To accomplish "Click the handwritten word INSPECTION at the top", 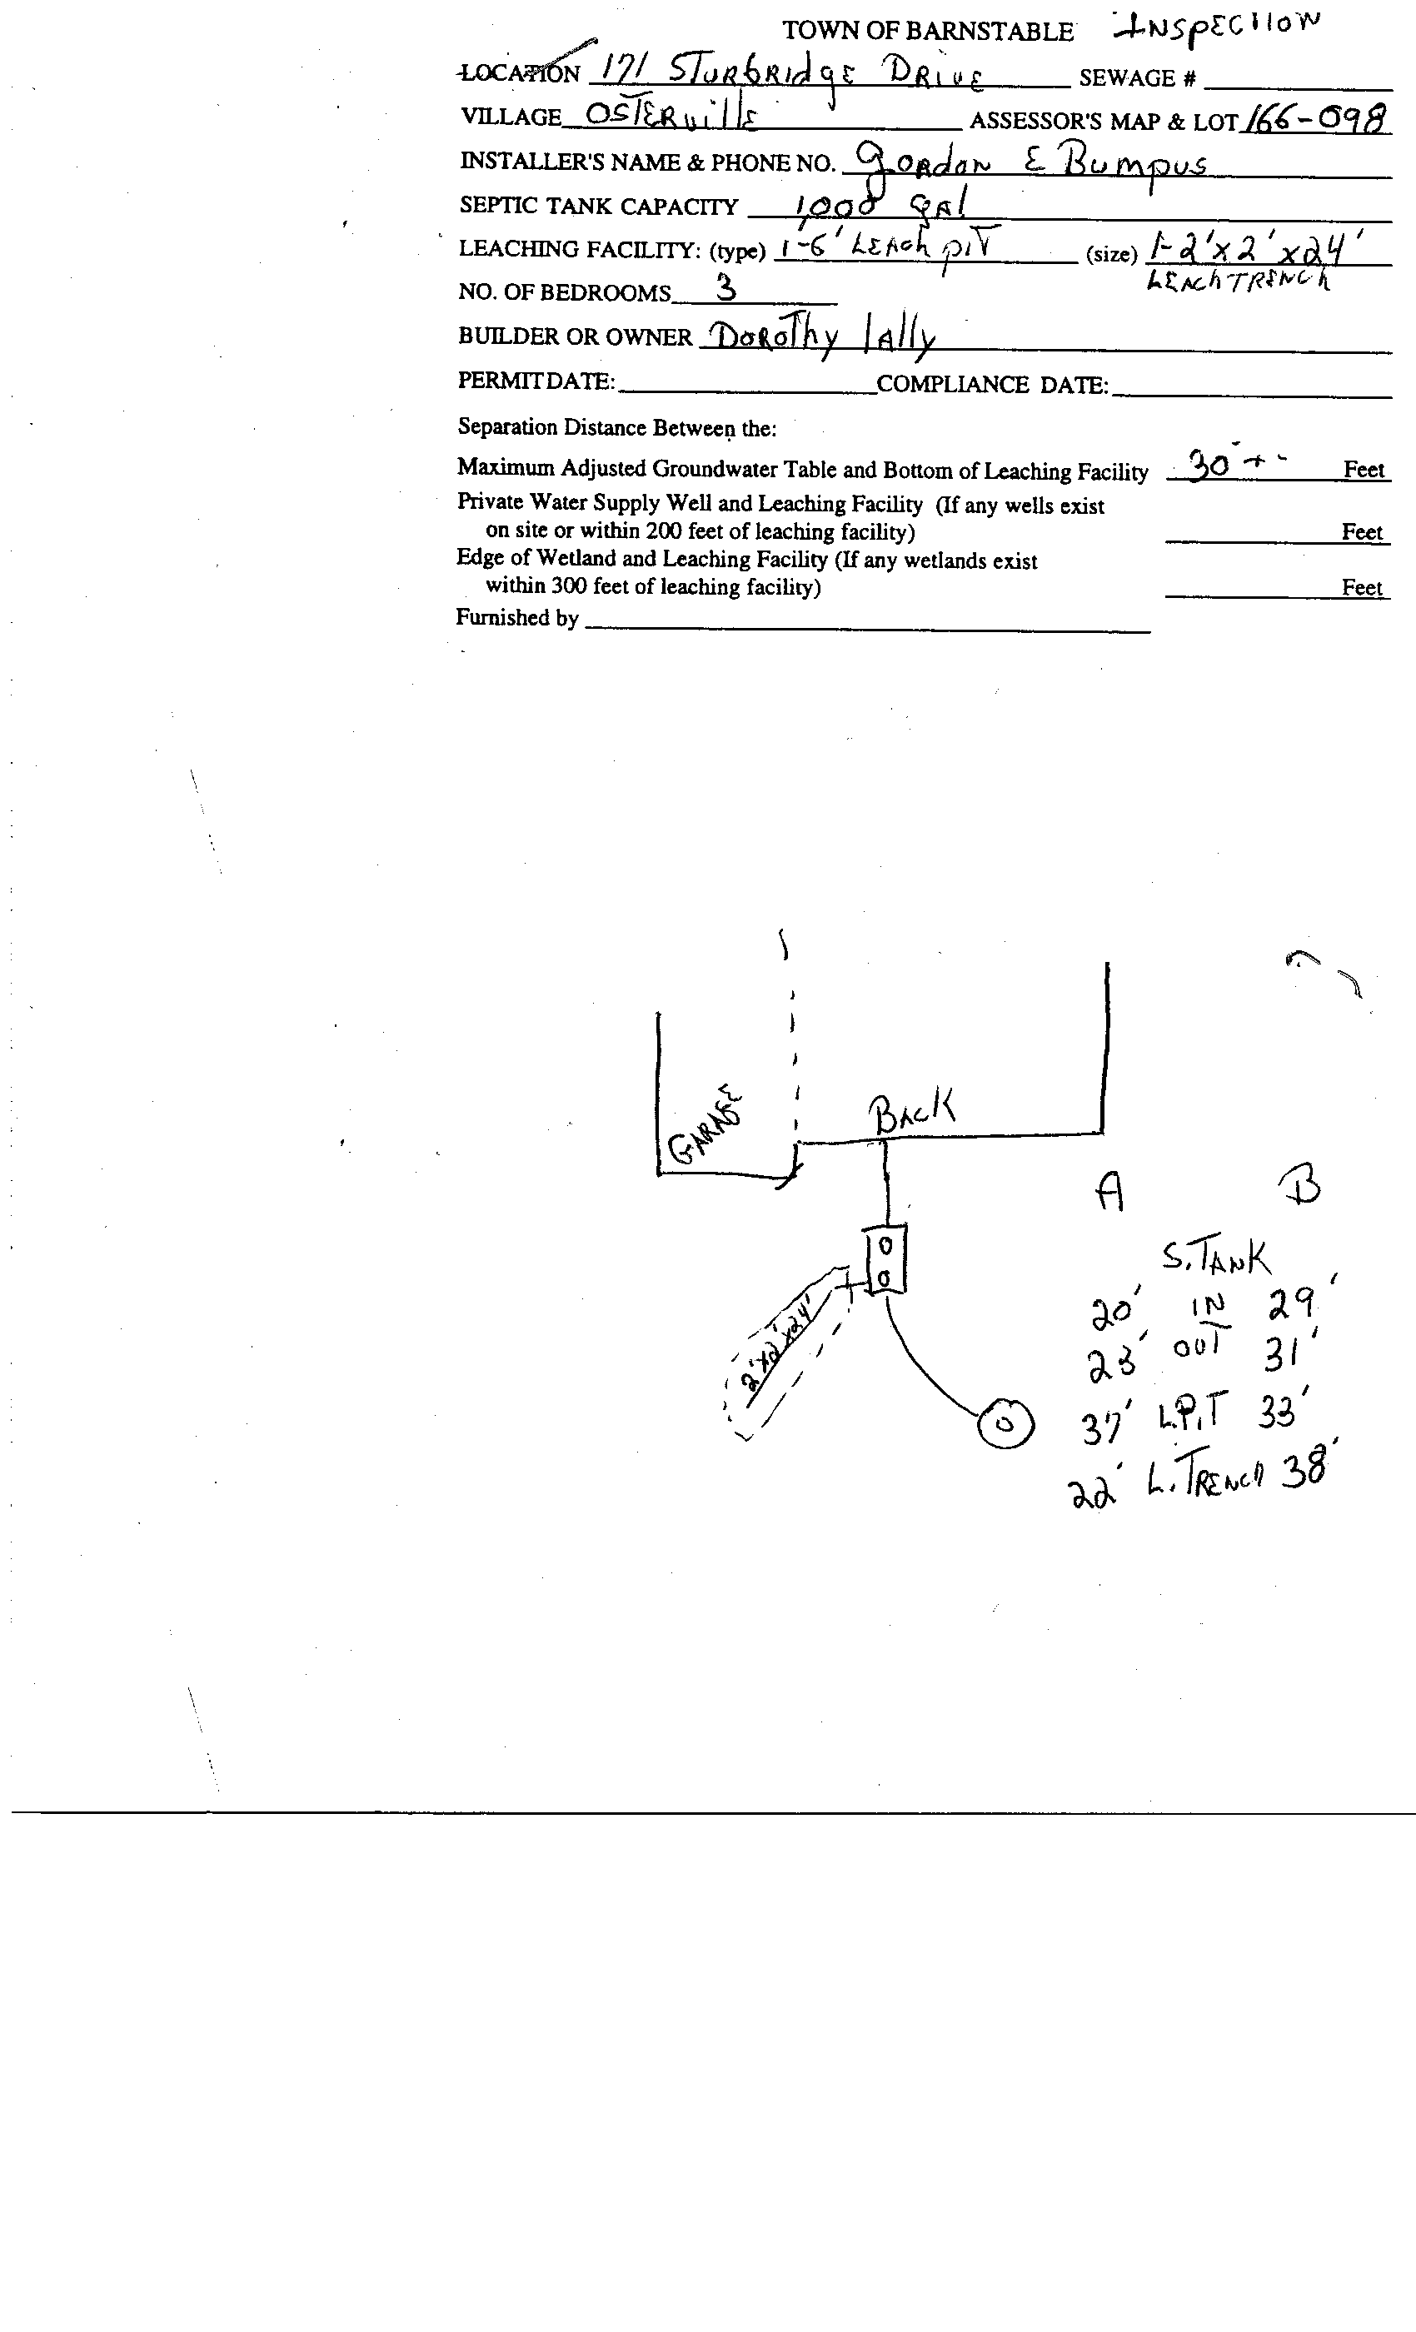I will point(1216,28).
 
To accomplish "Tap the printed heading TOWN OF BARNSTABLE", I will point(926,32).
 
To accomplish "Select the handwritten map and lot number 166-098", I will point(1316,118).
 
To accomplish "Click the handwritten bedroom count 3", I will point(726,287).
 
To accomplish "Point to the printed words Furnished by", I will point(516,618).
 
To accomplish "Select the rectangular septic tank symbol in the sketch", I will point(885,1259).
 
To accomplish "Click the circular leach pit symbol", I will point(1005,1423).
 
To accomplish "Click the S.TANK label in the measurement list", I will point(1216,1258).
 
